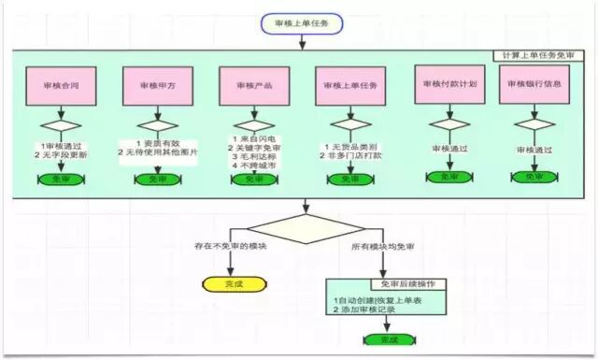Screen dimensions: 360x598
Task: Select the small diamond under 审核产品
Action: click(248, 126)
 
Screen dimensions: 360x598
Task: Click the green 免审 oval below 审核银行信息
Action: click(534, 177)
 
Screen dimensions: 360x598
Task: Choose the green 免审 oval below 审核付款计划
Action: click(448, 177)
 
